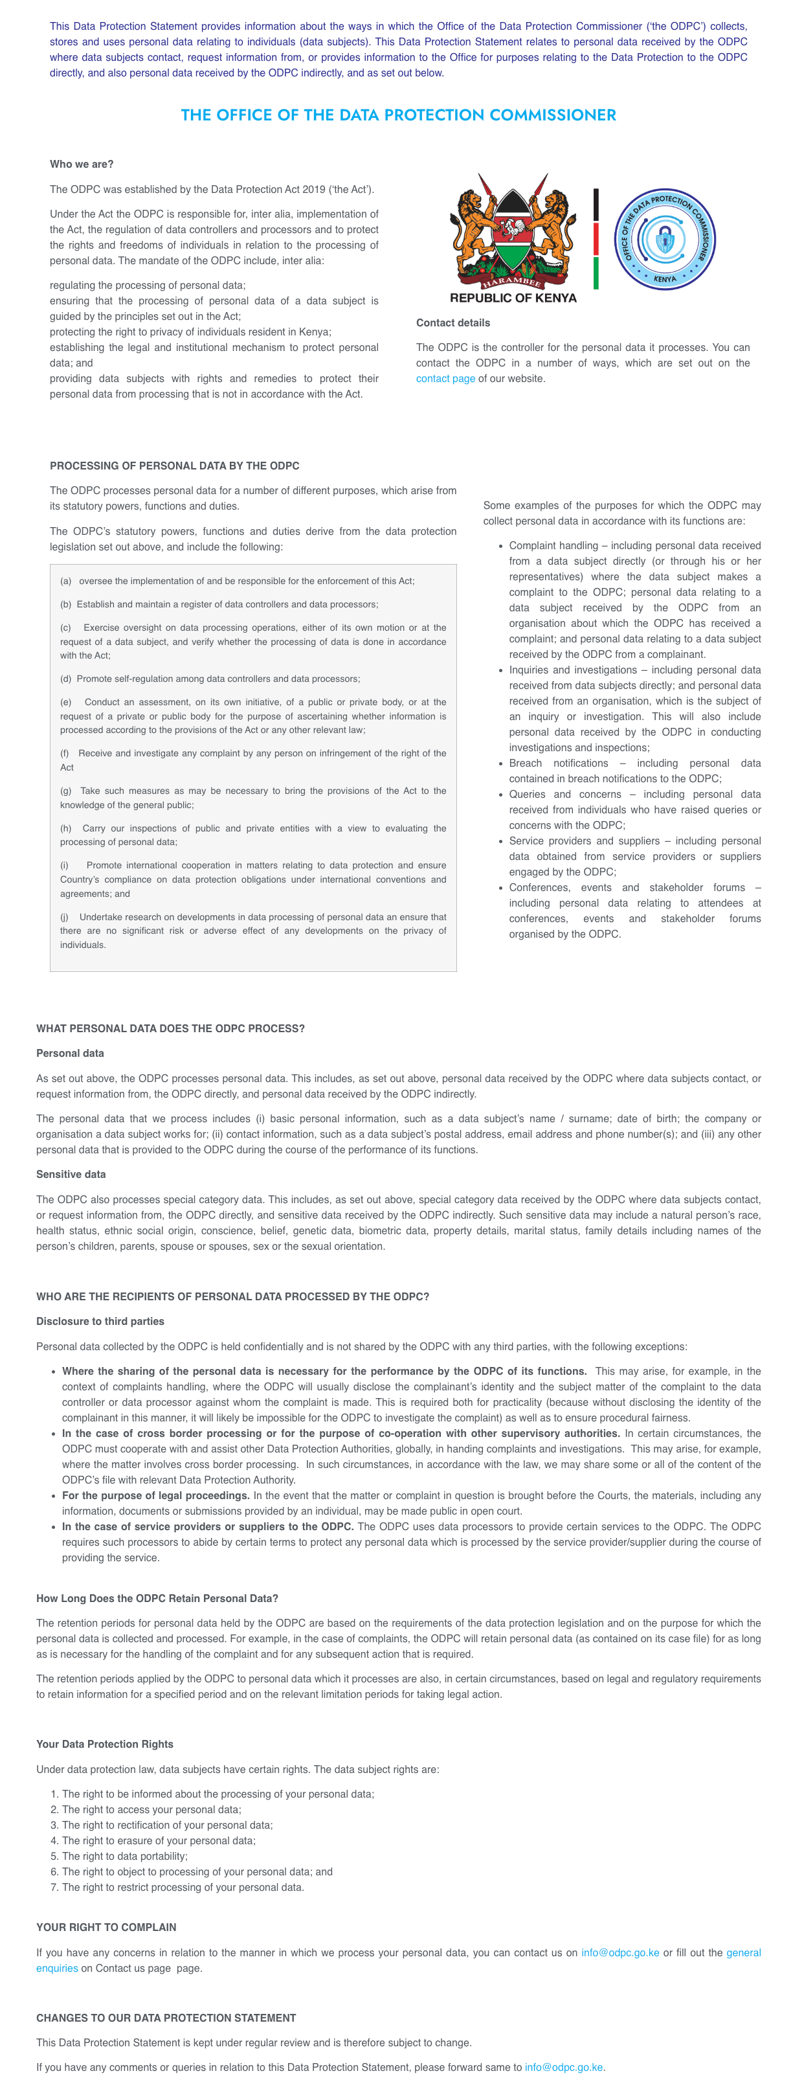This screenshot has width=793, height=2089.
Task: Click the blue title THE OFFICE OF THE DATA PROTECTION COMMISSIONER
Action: [x=398, y=115]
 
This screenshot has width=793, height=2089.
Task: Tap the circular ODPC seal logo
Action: [x=664, y=239]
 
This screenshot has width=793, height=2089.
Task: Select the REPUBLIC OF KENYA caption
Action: [x=513, y=299]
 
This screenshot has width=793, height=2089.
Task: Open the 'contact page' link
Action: [x=445, y=379]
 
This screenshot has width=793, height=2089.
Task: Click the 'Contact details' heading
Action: [x=452, y=322]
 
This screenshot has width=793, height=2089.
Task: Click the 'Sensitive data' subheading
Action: [x=71, y=1174]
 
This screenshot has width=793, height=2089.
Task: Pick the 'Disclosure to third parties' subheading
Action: [x=100, y=1322]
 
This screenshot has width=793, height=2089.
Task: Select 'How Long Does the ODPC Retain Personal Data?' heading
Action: [x=157, y=1598]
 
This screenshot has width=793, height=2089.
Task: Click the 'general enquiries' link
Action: [x=743, y=1953]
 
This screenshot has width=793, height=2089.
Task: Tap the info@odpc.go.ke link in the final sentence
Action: [x=564, y=2067]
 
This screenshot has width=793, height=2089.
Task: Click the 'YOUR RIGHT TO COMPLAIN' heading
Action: [x=106, y=1928]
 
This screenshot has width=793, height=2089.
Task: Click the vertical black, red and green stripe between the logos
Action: [x=596, y=239]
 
